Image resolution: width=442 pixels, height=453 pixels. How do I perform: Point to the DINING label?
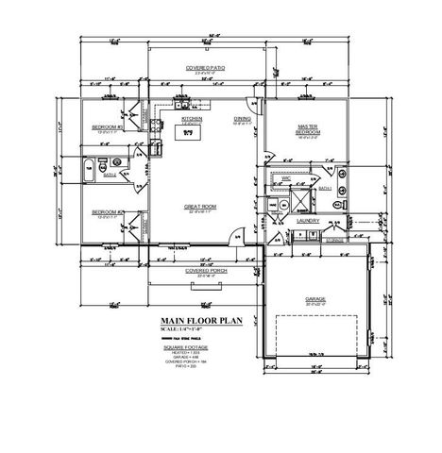(x=242, y=119)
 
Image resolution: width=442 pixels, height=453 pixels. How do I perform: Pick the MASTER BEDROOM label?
(x=308, y=128)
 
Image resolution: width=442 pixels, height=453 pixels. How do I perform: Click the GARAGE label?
(x=314, y=299)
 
